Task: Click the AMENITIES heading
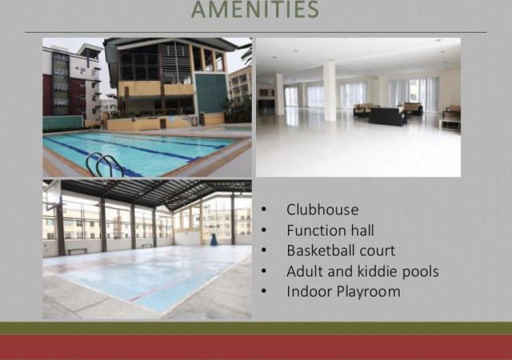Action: point(255,9)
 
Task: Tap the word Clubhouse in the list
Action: point(322,210)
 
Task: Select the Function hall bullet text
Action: point(330,230)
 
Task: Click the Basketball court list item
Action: point(341,250)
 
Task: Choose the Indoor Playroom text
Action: point(344,291)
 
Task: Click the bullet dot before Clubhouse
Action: point(264,210)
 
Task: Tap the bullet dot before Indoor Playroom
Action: point(264,291)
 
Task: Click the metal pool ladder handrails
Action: point(104,164)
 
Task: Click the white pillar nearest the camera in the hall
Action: point(330,92)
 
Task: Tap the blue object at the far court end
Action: point(214,240)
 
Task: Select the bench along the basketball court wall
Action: point(78,251)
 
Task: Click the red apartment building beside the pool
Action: point(47,95)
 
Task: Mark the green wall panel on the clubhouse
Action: point(211,94)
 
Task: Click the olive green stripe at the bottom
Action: point(256,328)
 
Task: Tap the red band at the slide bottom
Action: point(256,347)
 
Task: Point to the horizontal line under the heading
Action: point(256,32)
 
